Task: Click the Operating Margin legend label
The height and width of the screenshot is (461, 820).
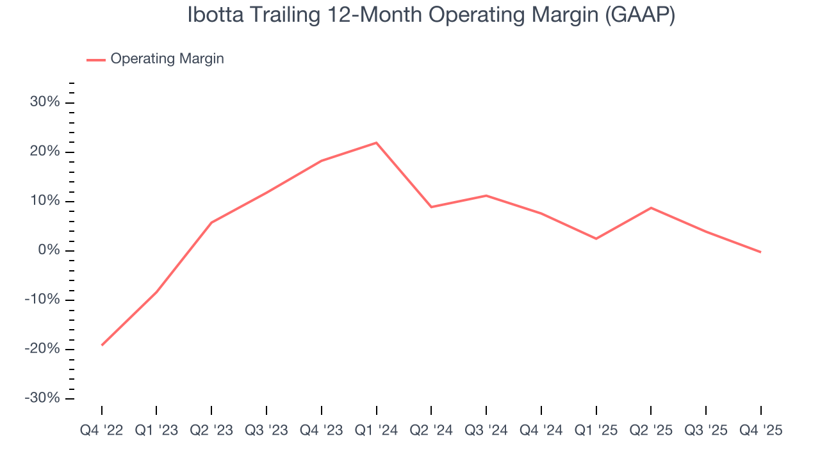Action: (167, 59)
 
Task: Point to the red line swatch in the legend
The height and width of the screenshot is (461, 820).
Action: (96, 60)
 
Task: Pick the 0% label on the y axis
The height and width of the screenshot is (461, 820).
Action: (49, 250)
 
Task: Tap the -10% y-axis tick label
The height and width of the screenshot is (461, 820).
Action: (42, 300)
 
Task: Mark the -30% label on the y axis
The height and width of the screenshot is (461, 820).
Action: (42, 398)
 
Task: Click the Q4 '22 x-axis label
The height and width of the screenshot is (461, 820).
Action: (101, 431)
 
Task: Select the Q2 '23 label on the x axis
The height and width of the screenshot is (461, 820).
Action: (211, 431)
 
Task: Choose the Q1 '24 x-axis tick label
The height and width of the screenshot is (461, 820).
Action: (376, 431)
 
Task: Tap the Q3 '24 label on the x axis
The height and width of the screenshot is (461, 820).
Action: (486, 431)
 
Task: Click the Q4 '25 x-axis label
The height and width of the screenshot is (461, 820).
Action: (760, 431)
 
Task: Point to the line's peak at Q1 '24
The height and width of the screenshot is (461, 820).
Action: (376, 142)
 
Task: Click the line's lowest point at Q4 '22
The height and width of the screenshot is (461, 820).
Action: (102, 345)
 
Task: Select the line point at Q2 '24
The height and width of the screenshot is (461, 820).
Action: (431, 207)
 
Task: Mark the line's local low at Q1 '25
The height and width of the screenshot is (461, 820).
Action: (596, 239)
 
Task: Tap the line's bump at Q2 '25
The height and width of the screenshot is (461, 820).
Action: (651, 207)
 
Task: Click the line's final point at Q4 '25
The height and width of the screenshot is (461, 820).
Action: (760, 252)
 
